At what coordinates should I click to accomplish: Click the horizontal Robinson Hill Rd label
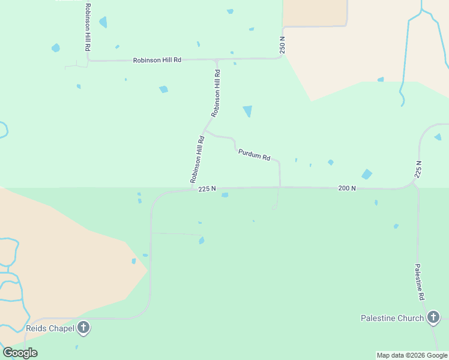click(x=157, y=61)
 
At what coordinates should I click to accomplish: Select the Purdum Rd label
click(x=254, y=155)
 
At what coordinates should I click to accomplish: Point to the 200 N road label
click(x=347, y=188)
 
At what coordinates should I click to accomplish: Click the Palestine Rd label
click(x=420, y=282)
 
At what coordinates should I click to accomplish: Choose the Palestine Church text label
click(x=392, y=318)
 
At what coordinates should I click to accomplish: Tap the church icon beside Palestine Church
click(x=433, y=318)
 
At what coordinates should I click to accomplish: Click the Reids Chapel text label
click(x=50, y=328)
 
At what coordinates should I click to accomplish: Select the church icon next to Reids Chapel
click(x=83, y=328)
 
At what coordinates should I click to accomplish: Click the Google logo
click(x=20, y=353)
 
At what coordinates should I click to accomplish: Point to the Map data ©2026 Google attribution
click(x=412, y=355)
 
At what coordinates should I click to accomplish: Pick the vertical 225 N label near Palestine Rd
click(x=418, y=170)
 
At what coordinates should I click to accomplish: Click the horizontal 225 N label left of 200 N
click(x=206, y=189)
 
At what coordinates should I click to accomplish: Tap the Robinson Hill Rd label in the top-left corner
click(x=88, y=27)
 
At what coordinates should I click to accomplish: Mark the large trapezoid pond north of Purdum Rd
click(x=247, y=111)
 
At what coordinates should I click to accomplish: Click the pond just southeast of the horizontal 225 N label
click(x=224, y=195)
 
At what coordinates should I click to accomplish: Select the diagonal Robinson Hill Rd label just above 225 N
click(x=198, y=160)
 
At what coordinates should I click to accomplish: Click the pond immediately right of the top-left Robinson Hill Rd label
click(x=103, y=23)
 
